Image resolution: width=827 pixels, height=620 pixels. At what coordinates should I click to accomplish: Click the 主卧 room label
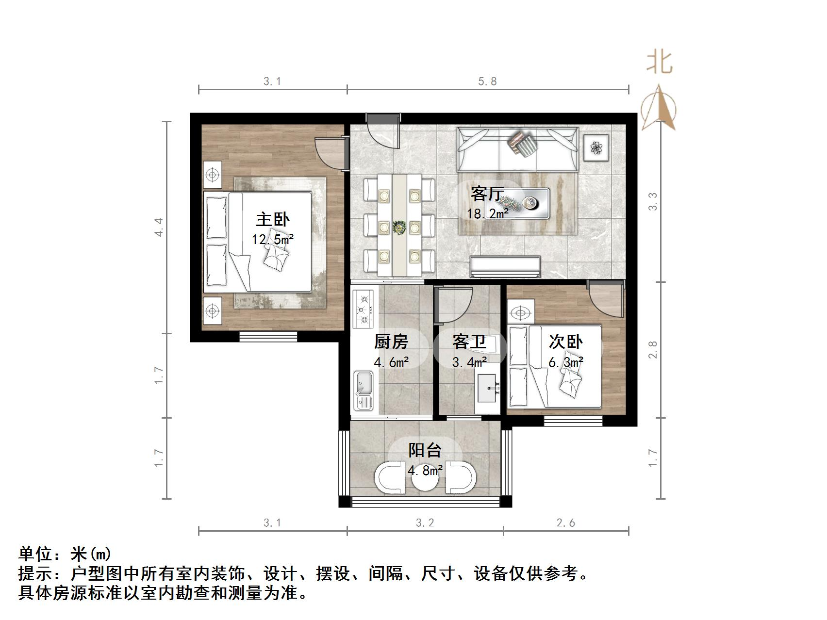[273, 220]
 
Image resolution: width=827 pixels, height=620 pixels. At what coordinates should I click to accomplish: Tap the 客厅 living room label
[487, 194]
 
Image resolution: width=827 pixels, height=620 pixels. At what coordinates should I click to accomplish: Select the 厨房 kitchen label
[391, 342]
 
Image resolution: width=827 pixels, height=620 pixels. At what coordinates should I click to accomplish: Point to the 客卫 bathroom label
[469, 342]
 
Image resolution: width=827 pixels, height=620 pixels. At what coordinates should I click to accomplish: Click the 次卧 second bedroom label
[565, 342]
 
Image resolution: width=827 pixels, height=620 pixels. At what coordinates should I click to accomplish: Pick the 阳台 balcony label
[425, 450]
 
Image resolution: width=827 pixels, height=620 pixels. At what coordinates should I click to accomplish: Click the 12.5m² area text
[273, 239]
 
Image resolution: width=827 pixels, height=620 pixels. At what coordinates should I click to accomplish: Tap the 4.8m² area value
[425, 470]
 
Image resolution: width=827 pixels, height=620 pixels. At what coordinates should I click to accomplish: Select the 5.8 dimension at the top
[487, 82]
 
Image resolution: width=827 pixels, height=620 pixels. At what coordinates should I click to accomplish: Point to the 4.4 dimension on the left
[159, 227]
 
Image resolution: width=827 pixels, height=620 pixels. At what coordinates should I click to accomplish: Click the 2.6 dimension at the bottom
[566, 523]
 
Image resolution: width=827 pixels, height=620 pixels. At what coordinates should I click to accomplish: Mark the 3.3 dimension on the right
[653, 201]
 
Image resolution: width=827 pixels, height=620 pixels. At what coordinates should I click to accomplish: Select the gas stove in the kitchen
[364, 309]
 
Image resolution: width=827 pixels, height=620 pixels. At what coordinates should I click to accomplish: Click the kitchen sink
[363, 390]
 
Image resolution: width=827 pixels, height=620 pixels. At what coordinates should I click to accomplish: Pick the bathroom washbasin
[487, 388]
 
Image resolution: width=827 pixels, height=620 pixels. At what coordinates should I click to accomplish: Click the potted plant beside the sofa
[596, 147]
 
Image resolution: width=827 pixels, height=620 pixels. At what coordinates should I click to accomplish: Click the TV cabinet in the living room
[505, 267]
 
